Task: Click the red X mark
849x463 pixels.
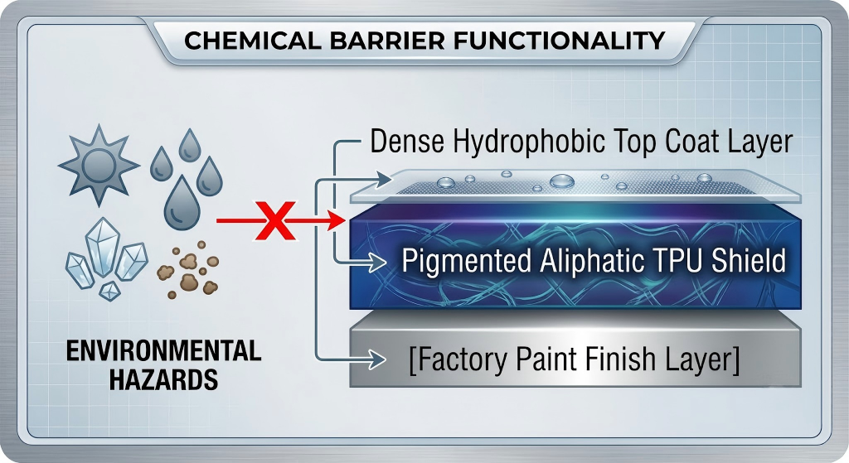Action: coord(276,220)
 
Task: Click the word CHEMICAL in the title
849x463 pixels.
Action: coord(253,41)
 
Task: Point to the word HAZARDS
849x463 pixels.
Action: coord(163,379)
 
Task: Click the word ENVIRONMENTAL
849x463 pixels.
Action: coord(163,350)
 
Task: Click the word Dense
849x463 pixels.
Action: coord(407,141)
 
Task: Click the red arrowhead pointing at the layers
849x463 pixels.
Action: coord(337,220)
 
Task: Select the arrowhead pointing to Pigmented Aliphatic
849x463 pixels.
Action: coord(377,263)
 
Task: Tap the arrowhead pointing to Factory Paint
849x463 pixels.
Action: coord(376,359)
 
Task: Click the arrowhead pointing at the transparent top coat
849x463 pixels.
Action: coord(381,178)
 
